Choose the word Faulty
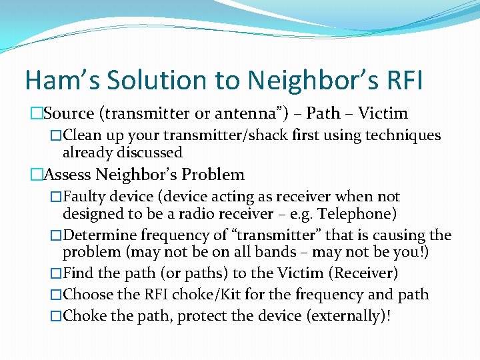(84, 197)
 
